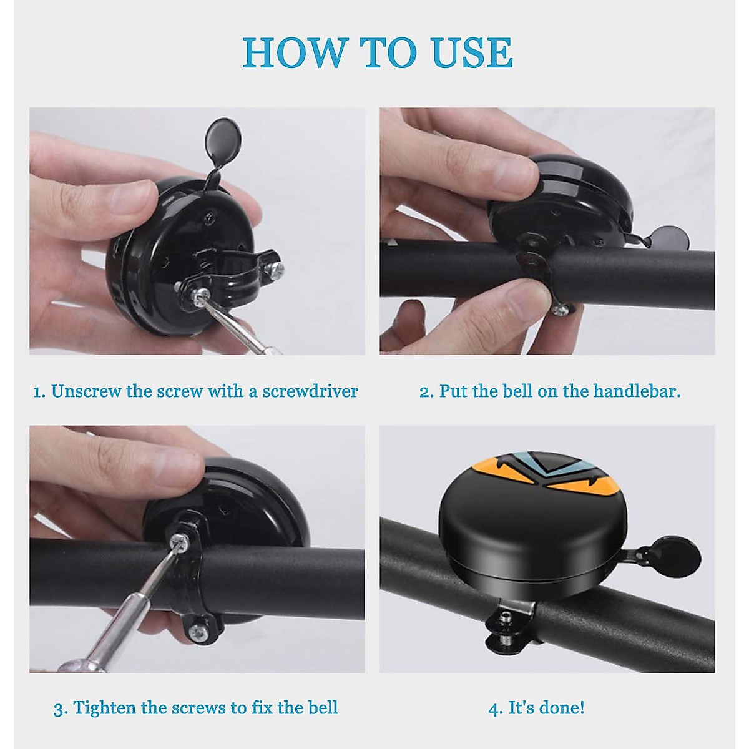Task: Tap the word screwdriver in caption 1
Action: pyautogui.click(x=310, y=392)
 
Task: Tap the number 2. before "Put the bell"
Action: pyautogui.click(x=426, y=392)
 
